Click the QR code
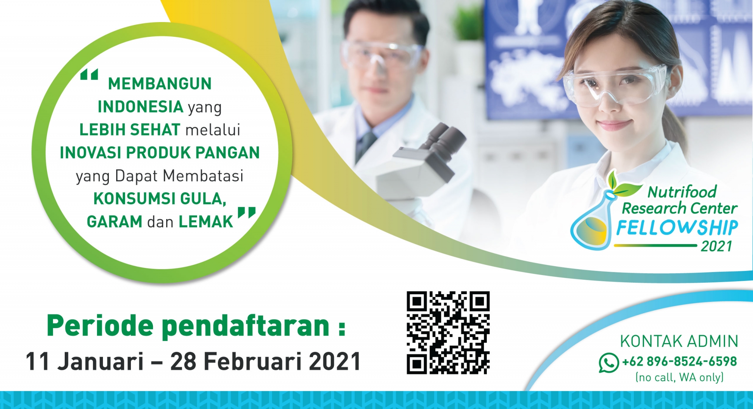(448, 333)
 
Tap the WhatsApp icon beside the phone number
(609, 363)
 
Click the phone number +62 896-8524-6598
(679, 362)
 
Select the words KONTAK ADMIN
(679, 341)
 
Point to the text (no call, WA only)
(679, 377)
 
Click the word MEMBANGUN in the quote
(160, 84)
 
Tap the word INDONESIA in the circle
(140, 107)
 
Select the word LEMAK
(206, 222)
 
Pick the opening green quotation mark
(89, 75)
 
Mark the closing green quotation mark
(247, 212)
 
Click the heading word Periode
(100, 326)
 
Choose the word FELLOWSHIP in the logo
(677, 228)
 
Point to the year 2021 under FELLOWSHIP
(717, 246)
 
